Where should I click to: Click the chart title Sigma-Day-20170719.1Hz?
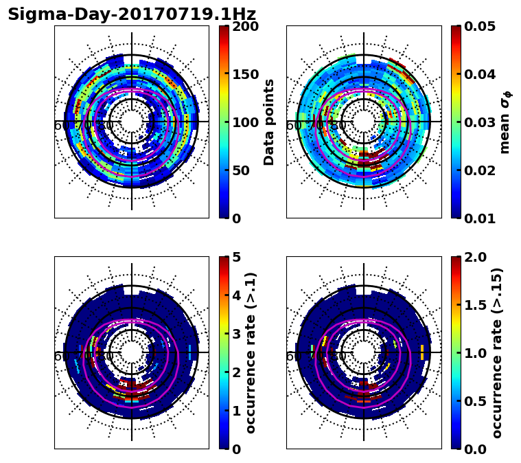[132, 14]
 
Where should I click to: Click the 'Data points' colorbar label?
[269, 122]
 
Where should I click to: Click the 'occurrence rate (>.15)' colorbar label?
[497, 352]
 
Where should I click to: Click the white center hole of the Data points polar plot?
[132, 121]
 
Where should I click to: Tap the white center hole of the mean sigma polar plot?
[364, 121]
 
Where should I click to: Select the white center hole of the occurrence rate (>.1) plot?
[132, 352]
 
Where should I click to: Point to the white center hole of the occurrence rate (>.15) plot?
[364, 352]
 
